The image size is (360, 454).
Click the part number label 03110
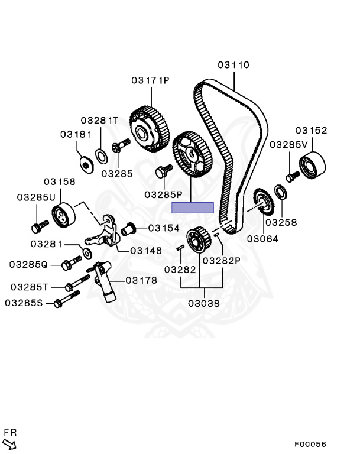[x=233, y=65]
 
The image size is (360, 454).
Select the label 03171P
[x=150, y=80]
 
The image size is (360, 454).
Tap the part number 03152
[x=312, y=131]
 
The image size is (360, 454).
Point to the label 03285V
[x=289, y=144]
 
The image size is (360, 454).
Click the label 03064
[x=263, y=239]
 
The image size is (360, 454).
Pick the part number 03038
[x=204, y=304]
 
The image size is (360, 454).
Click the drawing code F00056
[x=311, y=444]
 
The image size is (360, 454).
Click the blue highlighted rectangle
[x=193, y=207]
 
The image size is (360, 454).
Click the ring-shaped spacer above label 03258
[x=281, y=192]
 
